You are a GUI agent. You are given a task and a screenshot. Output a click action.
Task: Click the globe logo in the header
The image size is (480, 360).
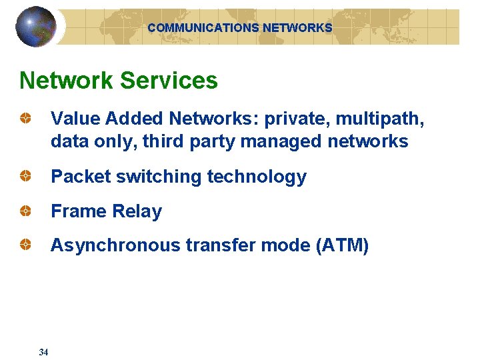click(x=36, y=27)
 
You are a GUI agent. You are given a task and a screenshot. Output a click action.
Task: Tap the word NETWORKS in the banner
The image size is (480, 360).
click(x=297, y=28)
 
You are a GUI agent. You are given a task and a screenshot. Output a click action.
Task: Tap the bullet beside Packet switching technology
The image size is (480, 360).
click(x=25, y=177)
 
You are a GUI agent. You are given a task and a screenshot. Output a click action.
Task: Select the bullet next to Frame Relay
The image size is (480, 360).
click(x=25, y=211)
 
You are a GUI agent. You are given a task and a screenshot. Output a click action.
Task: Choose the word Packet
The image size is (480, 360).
click(x=81, y=177)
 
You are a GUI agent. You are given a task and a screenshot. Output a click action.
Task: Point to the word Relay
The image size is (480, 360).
click(x=137, y=211)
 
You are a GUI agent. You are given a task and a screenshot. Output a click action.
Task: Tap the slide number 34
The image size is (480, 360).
click(x=43, y=352)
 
